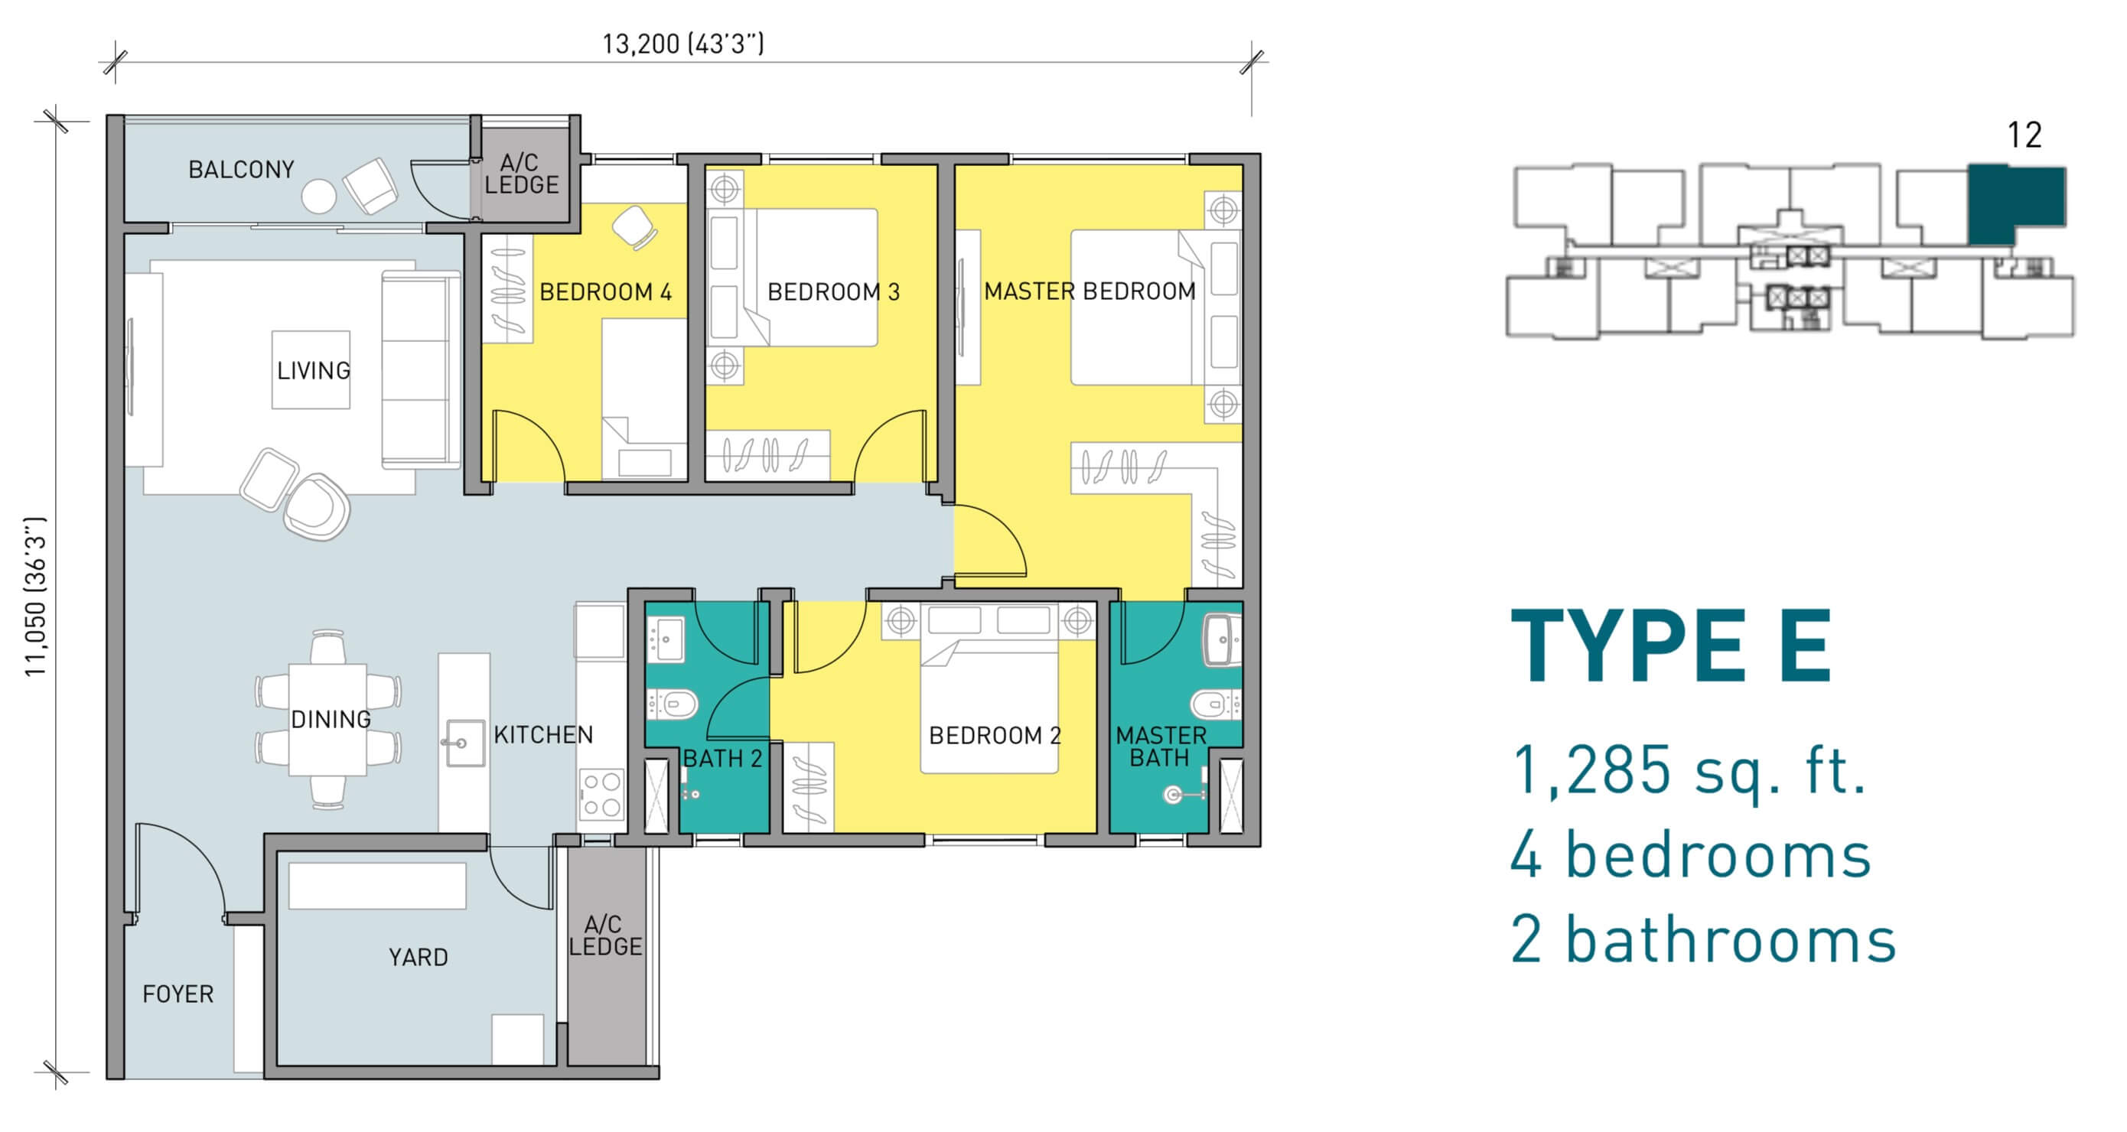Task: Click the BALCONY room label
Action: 241,170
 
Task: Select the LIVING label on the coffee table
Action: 313,371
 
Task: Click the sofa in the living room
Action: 420,370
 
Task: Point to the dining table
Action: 327,719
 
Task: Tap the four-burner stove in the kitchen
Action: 601,794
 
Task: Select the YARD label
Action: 419,958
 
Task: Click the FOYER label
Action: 178,994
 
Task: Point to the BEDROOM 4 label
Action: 605,292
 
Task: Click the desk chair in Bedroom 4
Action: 635,227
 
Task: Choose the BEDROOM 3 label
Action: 833,292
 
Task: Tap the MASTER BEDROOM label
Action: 1089,291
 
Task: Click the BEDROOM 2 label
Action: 994,736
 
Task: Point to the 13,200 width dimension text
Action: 682,44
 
